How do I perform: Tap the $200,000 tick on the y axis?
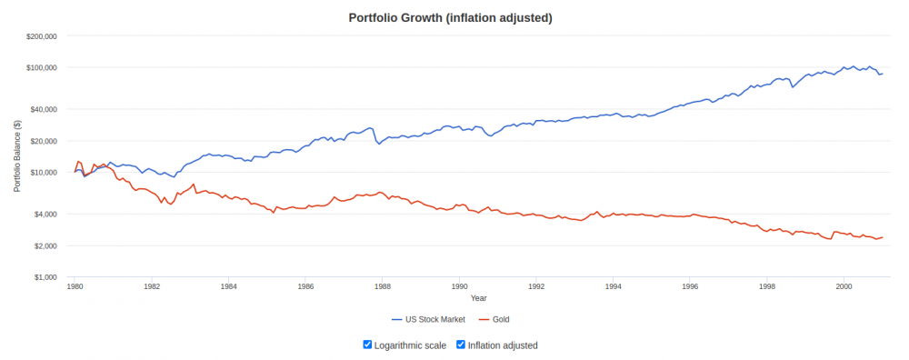pos(42,36)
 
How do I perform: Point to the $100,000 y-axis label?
pos(42,68)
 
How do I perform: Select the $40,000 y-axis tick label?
pos(44,109)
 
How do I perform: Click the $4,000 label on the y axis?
pos(45,214)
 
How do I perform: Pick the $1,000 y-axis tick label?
pos(45,277)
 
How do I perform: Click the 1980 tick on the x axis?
pos(75,286)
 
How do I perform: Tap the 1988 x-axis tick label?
pos(382,286)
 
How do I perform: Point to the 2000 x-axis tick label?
pos(844,286)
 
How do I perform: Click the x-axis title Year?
pos(479,298)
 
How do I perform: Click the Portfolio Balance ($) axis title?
pos(18,156)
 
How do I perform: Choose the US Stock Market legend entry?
pos(428,319)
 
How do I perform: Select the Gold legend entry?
pos(494,319)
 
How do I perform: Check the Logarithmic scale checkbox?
pos(367,345)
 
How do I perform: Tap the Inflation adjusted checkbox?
pos(461,345)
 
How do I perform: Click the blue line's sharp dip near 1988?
pos(379,144)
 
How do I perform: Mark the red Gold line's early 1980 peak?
pos(78,161)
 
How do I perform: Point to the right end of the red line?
pos(883,237)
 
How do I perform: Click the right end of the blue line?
pos(883,74)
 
